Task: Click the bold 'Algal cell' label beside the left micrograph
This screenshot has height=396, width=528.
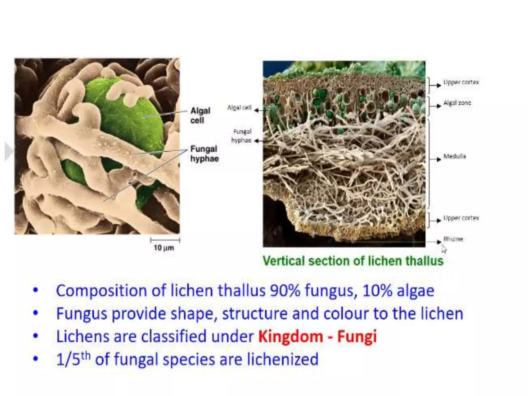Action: pos(200,115)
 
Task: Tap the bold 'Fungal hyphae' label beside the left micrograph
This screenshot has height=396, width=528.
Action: pos(204,154)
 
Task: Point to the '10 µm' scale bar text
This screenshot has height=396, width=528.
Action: pos(164,248)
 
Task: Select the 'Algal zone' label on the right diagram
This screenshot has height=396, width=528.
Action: pos(457,103)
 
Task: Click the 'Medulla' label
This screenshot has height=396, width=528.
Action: pos(455,156)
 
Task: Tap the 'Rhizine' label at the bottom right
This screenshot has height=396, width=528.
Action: pos(453,239)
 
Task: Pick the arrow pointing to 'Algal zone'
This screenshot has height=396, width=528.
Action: pos(439,106)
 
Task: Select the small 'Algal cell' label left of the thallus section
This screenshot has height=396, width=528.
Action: pos(239,108)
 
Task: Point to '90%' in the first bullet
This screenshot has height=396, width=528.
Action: pos(285,291)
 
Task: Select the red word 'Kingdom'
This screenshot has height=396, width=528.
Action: pos(291,336)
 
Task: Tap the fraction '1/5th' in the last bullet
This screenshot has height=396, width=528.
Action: pos(73,359)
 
